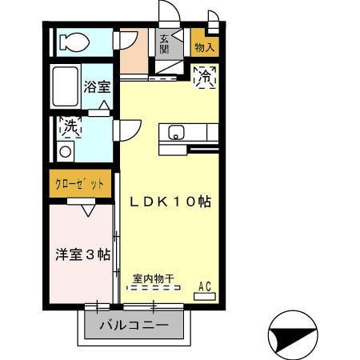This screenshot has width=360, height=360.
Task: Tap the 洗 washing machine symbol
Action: click(71, 126)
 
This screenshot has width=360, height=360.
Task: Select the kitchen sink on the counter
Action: click(176, 133)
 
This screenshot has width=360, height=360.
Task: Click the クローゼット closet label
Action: click(79, 184)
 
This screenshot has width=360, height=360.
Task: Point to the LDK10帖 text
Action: click(170, 203)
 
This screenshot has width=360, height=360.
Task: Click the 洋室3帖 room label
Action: click(82, 254)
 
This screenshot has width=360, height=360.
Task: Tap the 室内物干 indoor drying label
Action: click(154, 279)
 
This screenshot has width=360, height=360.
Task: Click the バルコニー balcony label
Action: click(134, 326)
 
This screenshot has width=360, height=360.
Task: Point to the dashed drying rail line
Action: click(154, 289)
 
